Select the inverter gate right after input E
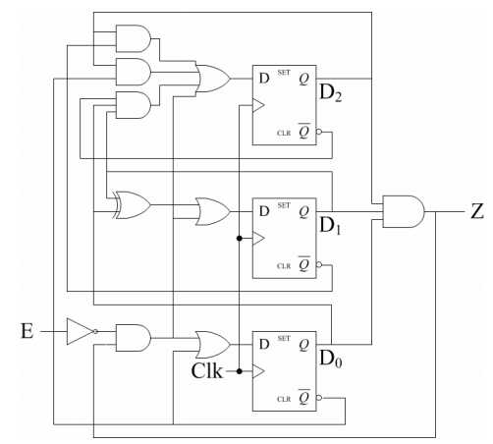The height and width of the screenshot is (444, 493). [79, 332]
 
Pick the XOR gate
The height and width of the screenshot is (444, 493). [132, 204]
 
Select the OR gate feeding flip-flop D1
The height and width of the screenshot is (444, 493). [212, 210]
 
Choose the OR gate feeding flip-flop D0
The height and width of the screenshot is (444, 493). [212, 343]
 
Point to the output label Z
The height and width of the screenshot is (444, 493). [477, 211]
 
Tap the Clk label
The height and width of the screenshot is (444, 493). [208, 371]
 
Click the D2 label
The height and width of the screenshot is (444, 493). [330, 94]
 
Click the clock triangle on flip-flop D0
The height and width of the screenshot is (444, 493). [259, 371]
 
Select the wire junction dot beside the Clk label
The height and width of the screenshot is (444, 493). [239, 371]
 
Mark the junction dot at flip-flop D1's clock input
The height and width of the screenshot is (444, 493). [239, 238]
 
